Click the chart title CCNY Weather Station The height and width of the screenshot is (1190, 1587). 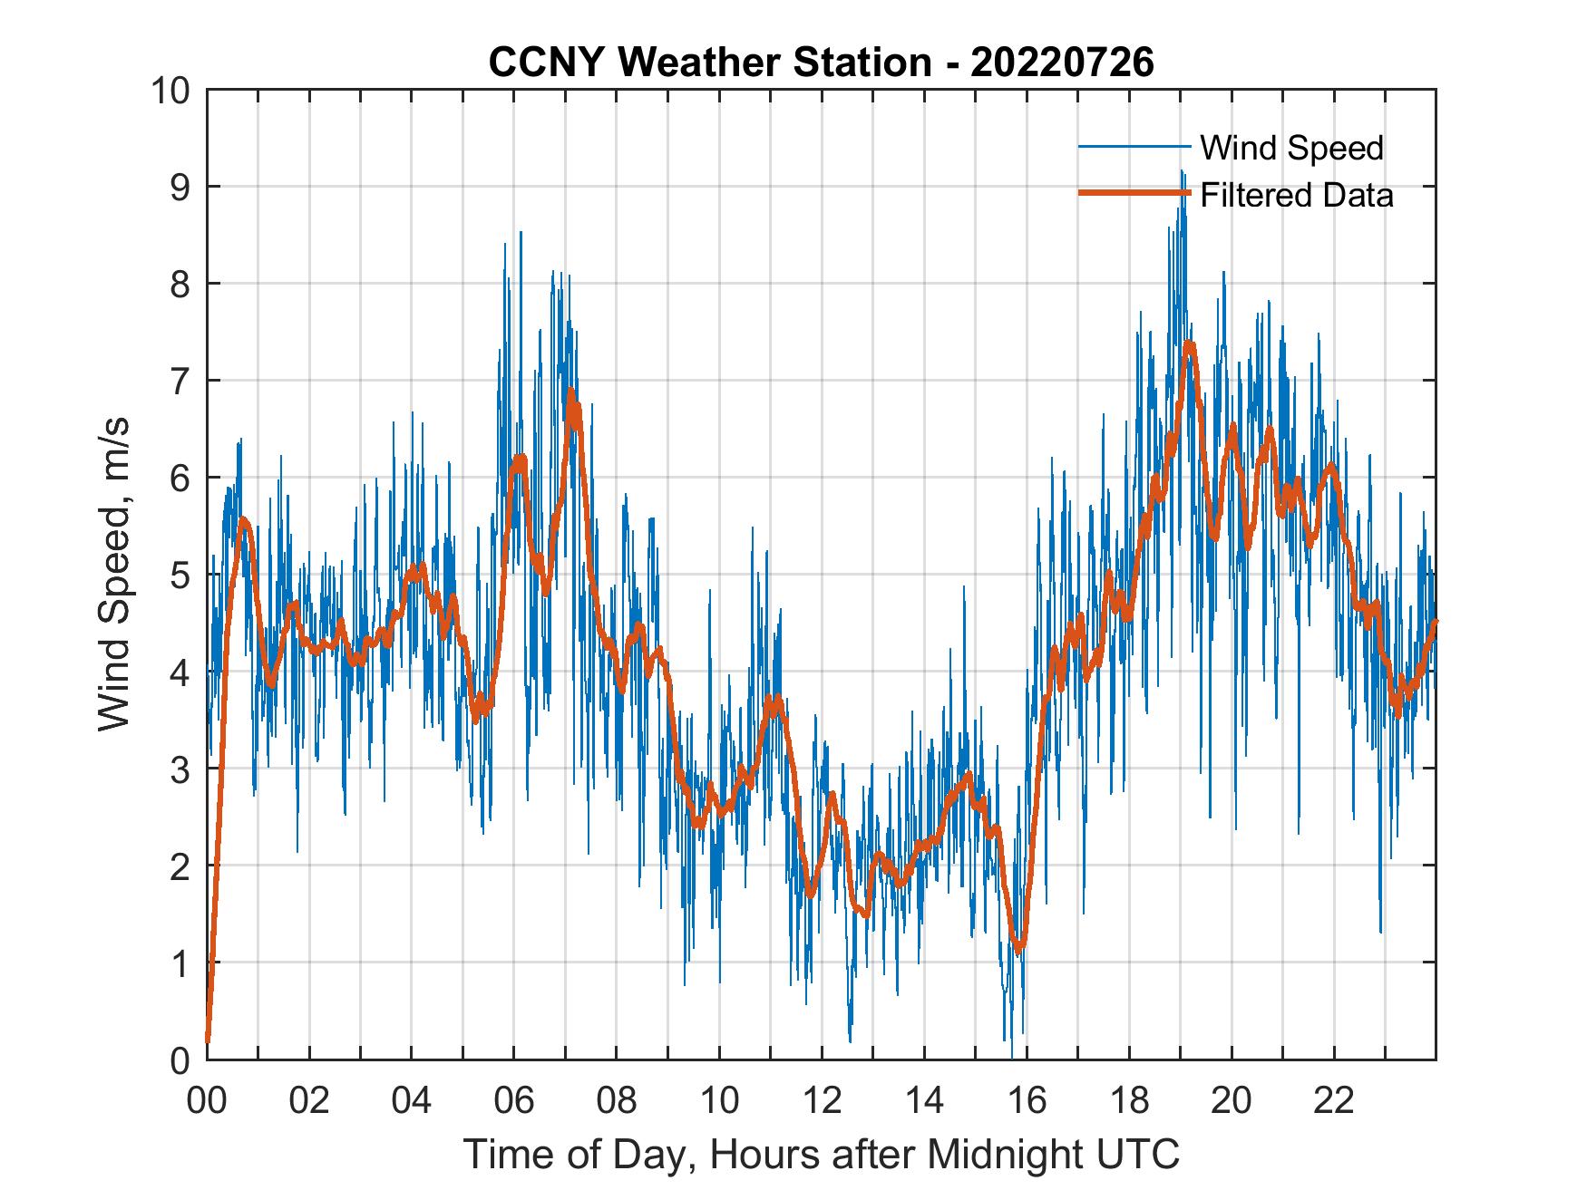click(821, 63)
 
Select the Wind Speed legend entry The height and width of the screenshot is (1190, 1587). click(1291, 148)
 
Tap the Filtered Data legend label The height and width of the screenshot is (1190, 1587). click(1296, 195)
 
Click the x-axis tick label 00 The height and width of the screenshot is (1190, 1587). click(207, 1100)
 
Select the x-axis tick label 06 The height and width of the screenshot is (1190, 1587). click(514, 1100)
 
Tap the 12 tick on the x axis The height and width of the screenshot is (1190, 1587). click(822, 1100)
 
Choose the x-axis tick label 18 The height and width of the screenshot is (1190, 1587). click(1129, 1100)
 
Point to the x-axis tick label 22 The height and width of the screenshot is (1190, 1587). click(1334, 1100)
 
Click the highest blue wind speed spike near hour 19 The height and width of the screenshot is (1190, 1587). click(1182, 171)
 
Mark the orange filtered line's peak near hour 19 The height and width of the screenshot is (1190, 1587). click(1189, 344)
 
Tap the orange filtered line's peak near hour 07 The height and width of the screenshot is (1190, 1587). click(570, 392)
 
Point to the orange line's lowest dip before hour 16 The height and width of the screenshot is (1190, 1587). click(1020, 950)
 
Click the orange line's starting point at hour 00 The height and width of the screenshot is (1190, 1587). click(208, 1042)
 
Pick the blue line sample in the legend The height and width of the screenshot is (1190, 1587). click(1133, 147)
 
